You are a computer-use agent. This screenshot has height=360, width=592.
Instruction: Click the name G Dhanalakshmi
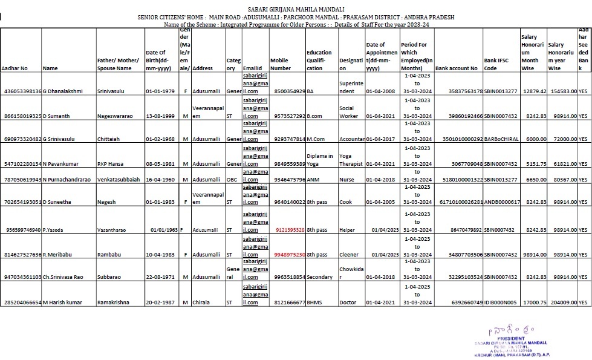click(x=63, y=91)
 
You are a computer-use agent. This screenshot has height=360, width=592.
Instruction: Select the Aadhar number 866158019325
click(x=21, y=116)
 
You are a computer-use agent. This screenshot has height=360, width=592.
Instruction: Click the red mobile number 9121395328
click(x=290, y=230)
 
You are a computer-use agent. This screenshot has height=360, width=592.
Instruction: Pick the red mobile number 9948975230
click(x=290, y=255)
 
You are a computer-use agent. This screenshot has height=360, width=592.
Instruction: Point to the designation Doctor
click(x=348, y=301)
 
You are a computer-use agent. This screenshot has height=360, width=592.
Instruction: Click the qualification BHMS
click(x=314, y=301)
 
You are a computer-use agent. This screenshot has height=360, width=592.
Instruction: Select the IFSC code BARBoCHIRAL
click(x=501, y=139)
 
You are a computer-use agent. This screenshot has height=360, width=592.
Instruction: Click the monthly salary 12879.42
click(x=533, y=91)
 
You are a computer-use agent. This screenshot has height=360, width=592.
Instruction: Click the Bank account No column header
click(x=456, y=68)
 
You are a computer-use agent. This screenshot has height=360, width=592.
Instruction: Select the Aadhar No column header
click(x=15, y=68)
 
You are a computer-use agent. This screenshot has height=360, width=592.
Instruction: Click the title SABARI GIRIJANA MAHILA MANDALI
click(x=296, y=10)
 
